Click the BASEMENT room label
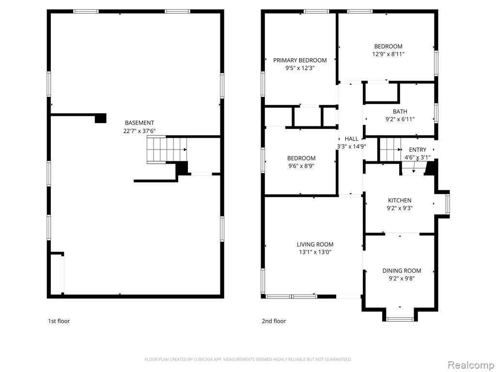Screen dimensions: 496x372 139,123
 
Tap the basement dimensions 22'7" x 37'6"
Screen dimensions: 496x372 139,131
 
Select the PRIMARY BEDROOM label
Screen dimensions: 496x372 300,60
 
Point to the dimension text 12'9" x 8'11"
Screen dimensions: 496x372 388,54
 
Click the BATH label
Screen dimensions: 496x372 400,111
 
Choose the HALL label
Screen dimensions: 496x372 352,139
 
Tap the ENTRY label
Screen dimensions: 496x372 418,150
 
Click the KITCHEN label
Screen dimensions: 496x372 400,200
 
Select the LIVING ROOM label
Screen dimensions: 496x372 315,244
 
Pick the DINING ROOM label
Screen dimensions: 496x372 402,270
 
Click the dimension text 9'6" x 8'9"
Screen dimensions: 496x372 301,166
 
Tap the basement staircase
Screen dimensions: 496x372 167,150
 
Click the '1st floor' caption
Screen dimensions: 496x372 59,321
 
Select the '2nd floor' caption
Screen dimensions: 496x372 274,321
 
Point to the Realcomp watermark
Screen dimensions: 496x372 471,365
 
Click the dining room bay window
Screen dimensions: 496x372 400,319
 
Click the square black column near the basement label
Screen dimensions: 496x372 101,118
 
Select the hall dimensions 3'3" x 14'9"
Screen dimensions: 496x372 352,146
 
